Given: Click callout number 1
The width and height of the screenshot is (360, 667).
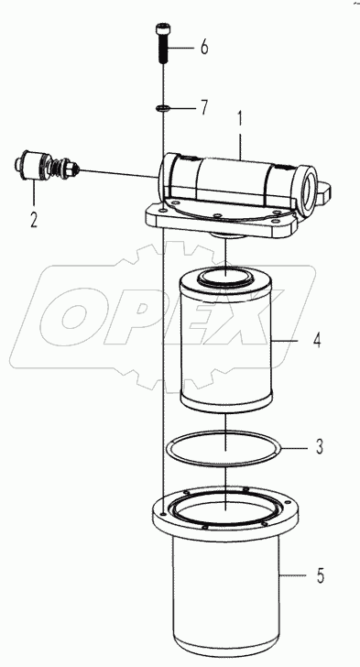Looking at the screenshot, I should (x=239, y=118).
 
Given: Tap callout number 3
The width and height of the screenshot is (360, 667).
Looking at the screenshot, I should (x=318, y=447).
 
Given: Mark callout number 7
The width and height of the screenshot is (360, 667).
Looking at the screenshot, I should (x=204, y=109).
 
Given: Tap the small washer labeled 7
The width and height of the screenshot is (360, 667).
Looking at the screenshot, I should (x=162, y=108).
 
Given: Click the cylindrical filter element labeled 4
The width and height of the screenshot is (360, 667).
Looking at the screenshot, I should (x=225, y=339).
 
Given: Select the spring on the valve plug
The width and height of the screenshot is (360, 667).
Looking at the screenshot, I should (x=64, y=170).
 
